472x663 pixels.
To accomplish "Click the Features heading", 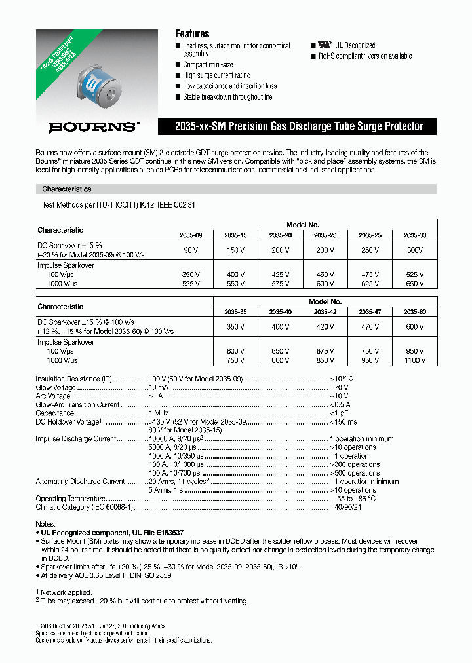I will coord(191,33).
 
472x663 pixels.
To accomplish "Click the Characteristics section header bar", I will coord(235,189).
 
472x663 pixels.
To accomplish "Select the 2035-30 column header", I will coord(414,234).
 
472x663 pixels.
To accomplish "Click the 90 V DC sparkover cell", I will coord(191,250).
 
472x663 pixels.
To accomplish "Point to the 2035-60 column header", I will coord(414,311).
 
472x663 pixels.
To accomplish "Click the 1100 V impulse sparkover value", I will coord(414,360).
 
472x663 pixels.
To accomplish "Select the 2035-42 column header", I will coord(324,311).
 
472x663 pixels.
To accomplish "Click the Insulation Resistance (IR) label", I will coord(69,379).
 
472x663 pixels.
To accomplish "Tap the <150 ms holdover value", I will coord(344,422).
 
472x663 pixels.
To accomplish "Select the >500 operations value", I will coord(354,472).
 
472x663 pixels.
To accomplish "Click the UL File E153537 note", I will coord(112,533).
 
